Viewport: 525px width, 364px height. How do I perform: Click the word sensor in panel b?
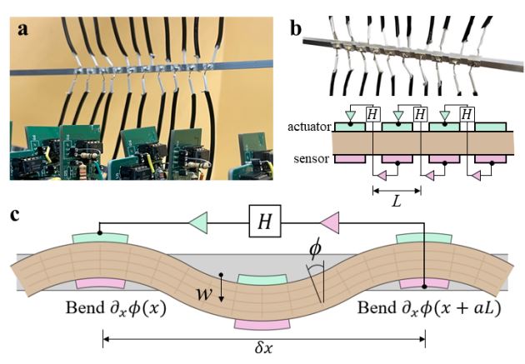pos(311,158)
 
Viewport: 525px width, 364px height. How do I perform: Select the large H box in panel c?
pos(264,221)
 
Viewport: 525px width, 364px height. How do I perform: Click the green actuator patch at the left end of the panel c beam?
pos(100,239)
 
